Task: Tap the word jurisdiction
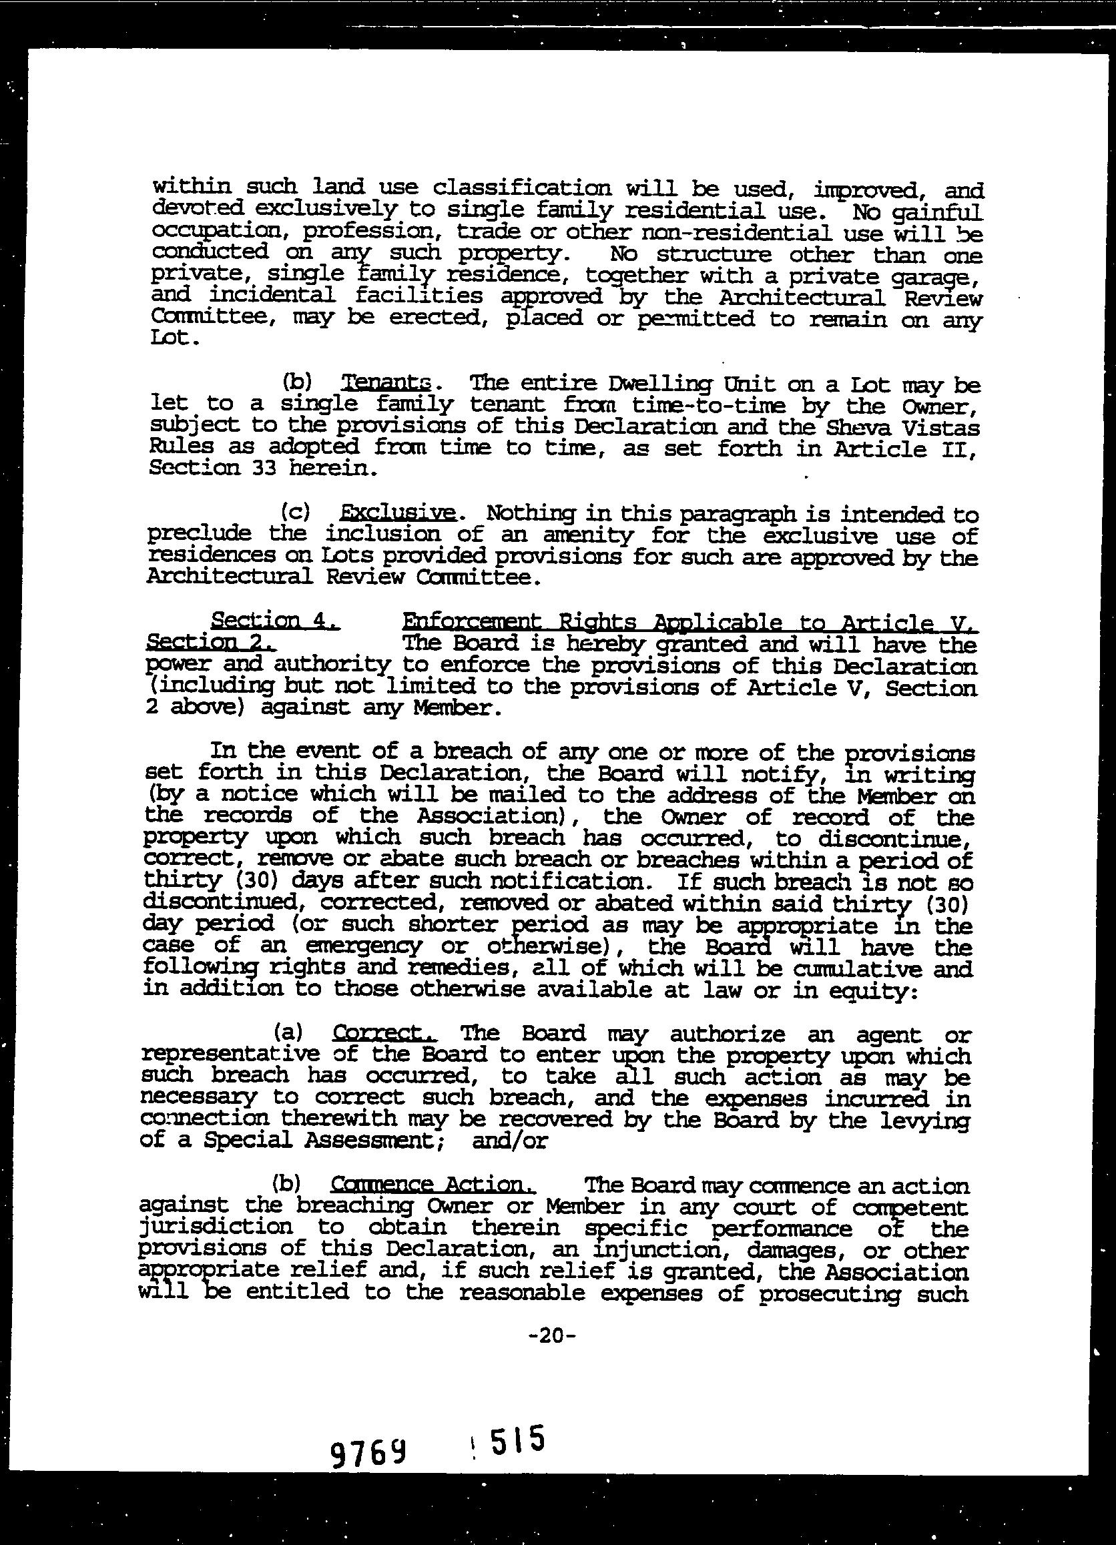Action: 216,1227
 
